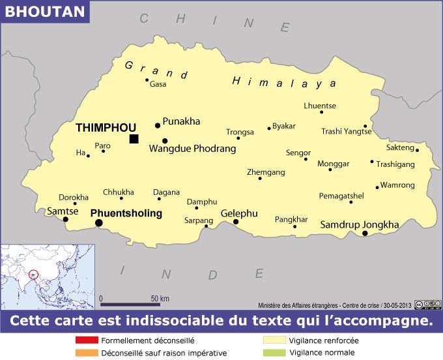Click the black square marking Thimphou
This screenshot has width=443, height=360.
pyautogui.click(x=134, y=138)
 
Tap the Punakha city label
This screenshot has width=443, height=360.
pyautogui.click(x=181, y=121)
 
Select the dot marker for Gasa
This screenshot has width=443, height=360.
pyautogui.click(x=147, y=80)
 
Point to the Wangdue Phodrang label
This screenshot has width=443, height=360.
pyautogui.click(x=192, y=149)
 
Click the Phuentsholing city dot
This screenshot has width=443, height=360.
pyautogui.click(x=99, y=223)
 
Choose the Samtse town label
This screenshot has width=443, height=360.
pyautogui.click(x=63, y=211)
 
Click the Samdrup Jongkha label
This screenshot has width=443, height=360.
pyautogui.click(x=360, y=225)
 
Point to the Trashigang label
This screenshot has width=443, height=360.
pyautogui.click(x=395, y=164)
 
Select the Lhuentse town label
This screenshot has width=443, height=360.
pyautogui.click(x=320, y=106)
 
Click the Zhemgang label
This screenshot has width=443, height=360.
pyautogui.click(x=266, y=172)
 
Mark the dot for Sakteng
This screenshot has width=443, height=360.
pyautogui.click(x=417, y=150)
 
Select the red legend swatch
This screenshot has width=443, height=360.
pyautogui.click(x=86, y=340)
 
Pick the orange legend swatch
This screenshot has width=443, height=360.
pyautogui.click(x=86, y=353)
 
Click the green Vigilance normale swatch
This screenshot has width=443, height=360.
pyautogui.click(x=274, y=353)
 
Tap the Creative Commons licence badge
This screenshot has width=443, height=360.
pyautogui.click(x=427, y=303)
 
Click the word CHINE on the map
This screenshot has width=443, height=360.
pyautogui.click(x=214, y=22)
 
